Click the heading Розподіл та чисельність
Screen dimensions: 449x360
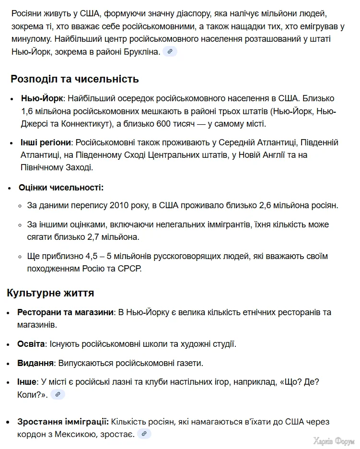[x=74, y=79]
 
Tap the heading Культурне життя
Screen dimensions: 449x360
[x=50, y=293]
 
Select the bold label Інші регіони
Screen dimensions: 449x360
[x=46, y=142]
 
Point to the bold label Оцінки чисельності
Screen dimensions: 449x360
[x=61, y=188]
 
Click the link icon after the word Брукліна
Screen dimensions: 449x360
[x=170, y=51]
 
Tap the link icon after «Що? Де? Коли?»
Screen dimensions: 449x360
[x=58, y=394]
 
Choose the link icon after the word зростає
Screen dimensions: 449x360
[x=144, y=434]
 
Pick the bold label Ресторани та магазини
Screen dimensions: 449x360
[x=66, y=312]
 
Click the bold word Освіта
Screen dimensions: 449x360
[x=31, y=344]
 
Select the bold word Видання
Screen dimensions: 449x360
[x=35, y=363]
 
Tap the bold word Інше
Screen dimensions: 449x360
[x=27, y=382]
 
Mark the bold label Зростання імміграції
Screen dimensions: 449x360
[x=63, y=422]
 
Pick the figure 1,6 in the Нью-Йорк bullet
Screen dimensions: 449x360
[x=27, y=111]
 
